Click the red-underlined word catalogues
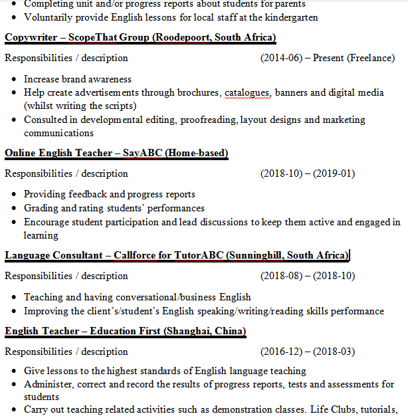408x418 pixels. (248, 92)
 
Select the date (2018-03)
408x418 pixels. (334, 351)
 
